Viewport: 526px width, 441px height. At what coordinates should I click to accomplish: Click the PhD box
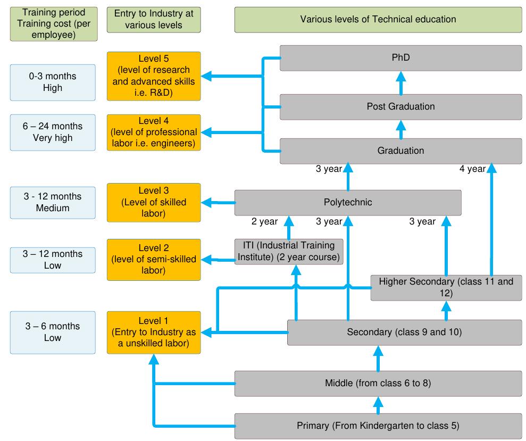coord(400,57)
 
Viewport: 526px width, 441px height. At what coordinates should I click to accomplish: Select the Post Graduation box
coord(400,107)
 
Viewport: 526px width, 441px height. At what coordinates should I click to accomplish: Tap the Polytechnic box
coord(348,203)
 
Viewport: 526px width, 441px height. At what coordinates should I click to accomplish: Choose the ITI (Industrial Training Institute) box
coord(289,252)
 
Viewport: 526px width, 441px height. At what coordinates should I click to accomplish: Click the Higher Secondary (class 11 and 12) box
coord(446,287)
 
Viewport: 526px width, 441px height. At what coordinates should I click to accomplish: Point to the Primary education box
coord(378,426)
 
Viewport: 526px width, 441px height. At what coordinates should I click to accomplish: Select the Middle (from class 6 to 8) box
coord(378,382)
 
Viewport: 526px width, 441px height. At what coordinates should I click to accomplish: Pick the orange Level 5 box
coord(154,76)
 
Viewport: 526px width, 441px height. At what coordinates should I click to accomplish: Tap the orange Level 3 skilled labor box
coord(154,202)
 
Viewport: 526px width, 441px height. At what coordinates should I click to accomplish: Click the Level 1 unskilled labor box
coord(154,333)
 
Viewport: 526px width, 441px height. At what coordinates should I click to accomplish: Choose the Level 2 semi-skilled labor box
coord(154,260)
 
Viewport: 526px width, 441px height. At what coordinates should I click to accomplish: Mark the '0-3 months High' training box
coord(52,82)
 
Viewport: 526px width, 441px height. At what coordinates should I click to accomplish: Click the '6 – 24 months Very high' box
coord(52,132)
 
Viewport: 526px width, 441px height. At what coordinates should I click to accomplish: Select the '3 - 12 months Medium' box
coord(52,202)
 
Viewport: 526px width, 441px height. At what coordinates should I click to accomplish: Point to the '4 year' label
coord(472,169)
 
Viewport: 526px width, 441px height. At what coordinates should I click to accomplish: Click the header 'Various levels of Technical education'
coord(378,20)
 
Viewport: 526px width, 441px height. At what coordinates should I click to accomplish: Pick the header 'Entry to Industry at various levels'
coord(154,20)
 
